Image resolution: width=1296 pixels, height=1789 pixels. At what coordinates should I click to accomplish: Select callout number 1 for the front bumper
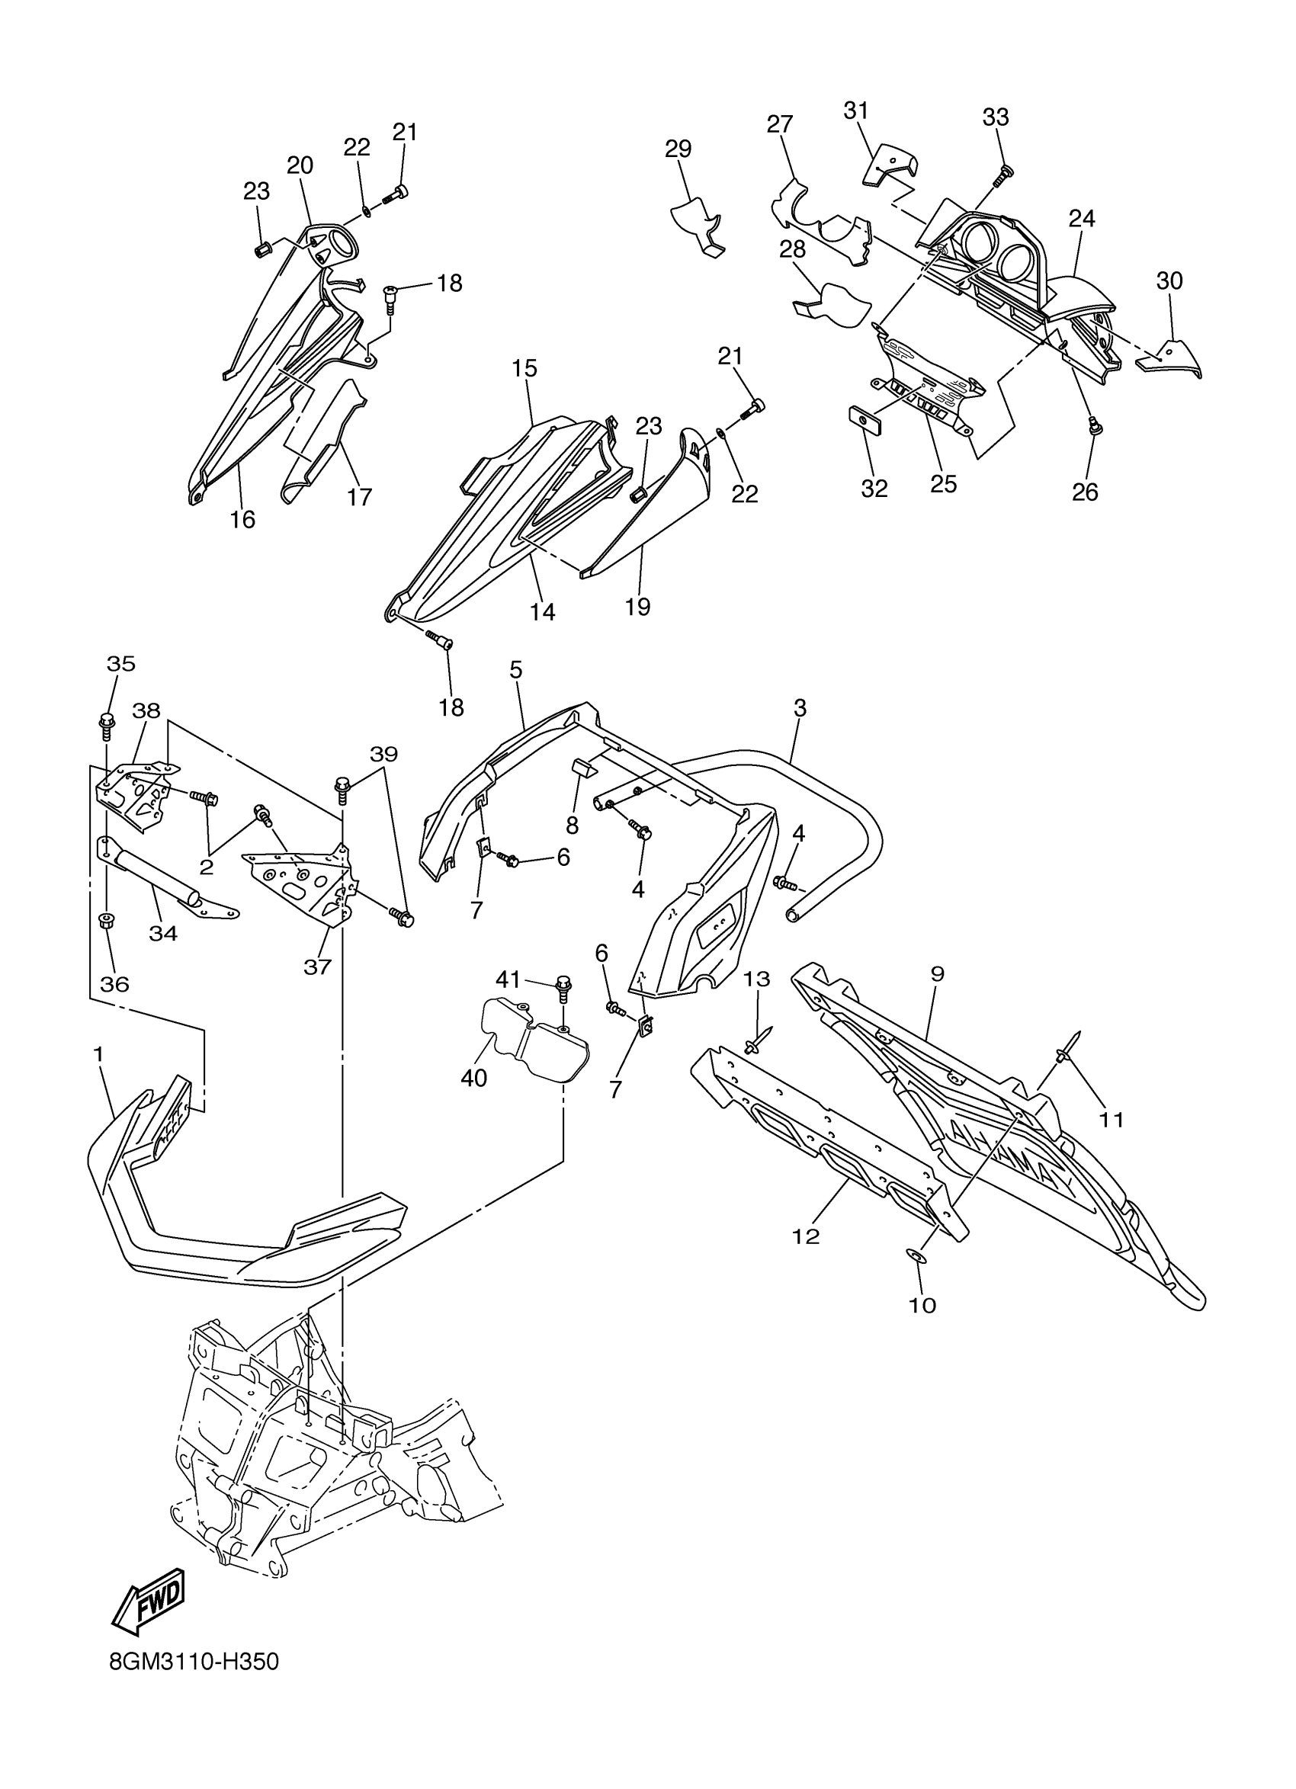(x=98, y=1054)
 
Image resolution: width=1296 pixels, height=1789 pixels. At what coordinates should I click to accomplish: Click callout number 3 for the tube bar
(x=800, y=708)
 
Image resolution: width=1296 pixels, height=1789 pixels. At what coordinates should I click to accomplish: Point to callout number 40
(x=473, y=1079)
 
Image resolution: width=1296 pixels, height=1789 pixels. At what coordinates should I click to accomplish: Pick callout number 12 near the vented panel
(x=806, y=1237)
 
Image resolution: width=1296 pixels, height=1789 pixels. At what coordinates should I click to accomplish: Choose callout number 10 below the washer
(x=922, y=1306)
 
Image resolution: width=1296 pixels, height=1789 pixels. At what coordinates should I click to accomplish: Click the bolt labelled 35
(x=105, y=722)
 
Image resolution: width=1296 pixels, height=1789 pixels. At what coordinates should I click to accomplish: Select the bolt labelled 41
(x=563, y=986)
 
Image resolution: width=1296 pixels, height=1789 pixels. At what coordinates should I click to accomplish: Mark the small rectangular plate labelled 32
(x=865, y=421)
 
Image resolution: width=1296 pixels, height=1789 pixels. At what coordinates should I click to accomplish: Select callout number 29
(x=678, y=149)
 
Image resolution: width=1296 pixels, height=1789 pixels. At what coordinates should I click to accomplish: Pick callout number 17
(x=359, y=497)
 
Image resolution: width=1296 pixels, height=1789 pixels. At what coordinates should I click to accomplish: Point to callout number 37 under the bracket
(x=317, y=967)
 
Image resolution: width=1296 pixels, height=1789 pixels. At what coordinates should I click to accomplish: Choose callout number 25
(x=943, y=484)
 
